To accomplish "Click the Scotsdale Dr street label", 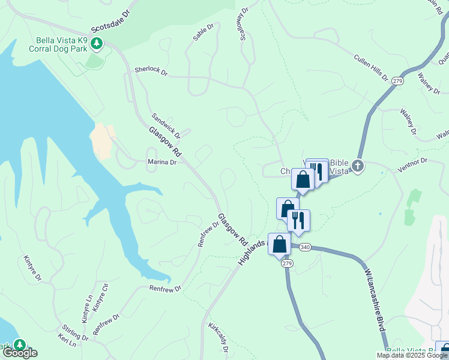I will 110,20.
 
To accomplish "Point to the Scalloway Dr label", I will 244,24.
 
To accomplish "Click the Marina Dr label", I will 161,162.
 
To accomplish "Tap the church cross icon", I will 358,166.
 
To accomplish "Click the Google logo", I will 20,353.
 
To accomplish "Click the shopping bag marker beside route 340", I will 279,244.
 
